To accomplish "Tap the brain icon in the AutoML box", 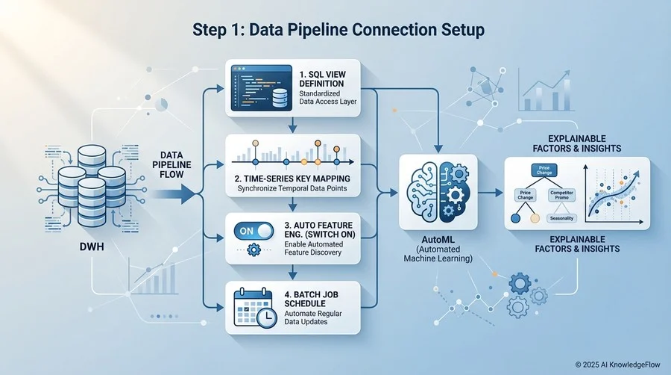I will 438,191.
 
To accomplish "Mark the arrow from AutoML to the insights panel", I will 490,192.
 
